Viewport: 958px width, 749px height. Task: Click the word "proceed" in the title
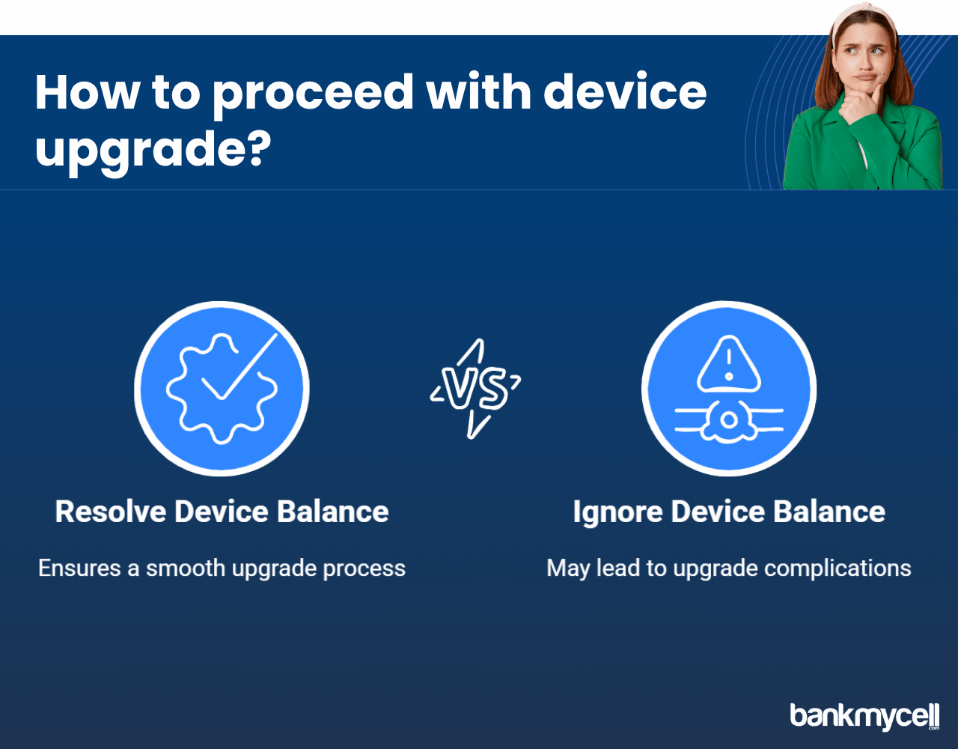point(314,94)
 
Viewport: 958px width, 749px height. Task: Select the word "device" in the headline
point(625,91)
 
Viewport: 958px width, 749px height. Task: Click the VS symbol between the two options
point(475,389)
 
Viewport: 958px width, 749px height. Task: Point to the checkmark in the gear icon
point(239,367)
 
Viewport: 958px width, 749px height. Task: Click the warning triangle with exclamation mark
point(729,364)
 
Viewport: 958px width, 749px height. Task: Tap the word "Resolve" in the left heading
point(111,512)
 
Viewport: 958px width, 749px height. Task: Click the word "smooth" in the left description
point(185,568)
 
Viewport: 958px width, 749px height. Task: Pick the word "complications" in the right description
point(838,568)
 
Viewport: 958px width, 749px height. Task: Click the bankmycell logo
point(864,716)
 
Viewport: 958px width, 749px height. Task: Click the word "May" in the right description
point(568,568)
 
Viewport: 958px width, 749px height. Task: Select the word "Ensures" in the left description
point(79,568)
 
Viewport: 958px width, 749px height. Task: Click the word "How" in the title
point(87,92)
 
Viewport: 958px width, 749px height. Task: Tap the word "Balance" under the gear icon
point(332,512)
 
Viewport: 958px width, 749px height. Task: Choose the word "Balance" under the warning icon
point(829,512)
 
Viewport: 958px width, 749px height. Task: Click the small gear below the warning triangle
point(729,421)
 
